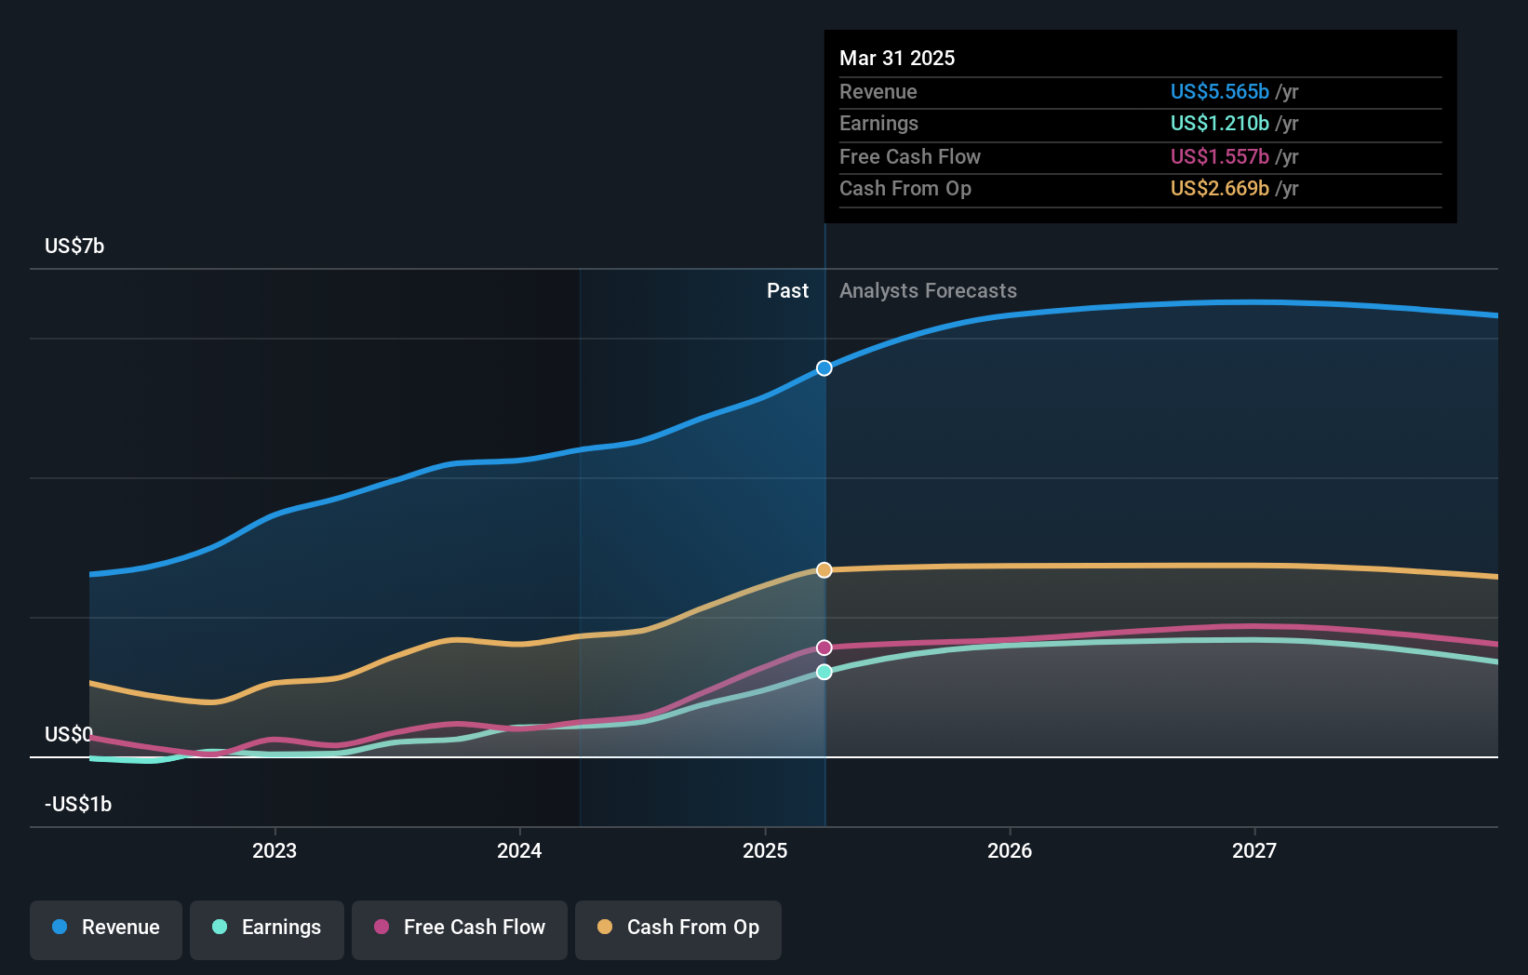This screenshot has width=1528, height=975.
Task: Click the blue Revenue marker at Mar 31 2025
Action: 824,368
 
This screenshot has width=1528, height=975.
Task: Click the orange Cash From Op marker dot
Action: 824,570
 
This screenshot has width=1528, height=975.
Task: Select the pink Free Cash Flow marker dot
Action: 824,648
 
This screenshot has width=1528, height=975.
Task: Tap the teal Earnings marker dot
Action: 824,672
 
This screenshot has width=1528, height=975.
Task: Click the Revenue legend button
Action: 106,928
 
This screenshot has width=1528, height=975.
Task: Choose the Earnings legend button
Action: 267,928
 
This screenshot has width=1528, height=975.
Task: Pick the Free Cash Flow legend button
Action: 460,928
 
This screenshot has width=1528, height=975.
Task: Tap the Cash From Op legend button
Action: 678,928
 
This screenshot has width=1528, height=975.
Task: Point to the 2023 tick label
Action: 275,850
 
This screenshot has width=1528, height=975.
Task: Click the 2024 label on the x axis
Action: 519,850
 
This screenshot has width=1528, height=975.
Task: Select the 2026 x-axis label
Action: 1010,850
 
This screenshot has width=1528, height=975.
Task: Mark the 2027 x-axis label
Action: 1254,850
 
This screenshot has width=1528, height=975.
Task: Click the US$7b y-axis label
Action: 74,247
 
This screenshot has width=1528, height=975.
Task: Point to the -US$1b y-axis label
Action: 78,805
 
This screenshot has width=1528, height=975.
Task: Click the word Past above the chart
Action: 787,291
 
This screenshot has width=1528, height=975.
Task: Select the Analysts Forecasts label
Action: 928,291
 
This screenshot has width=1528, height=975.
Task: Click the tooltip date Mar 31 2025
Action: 897,58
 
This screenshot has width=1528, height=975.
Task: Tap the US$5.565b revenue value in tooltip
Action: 1219,91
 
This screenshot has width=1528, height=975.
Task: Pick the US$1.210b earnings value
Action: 1219,124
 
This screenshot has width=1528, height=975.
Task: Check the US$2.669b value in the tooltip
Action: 1219,189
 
